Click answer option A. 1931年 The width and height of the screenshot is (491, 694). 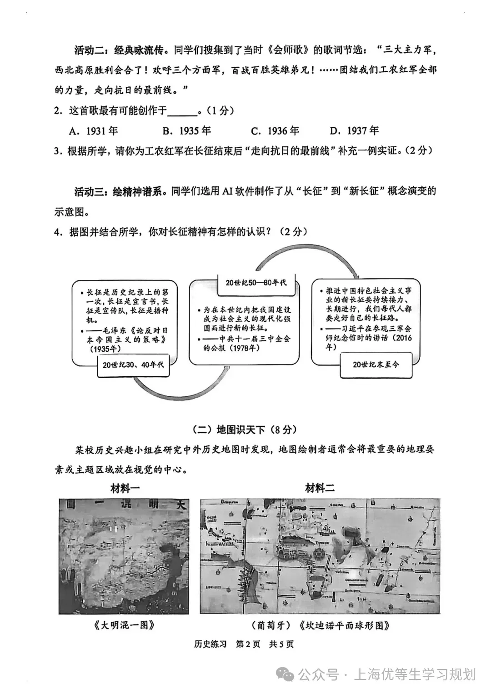pos(93,131)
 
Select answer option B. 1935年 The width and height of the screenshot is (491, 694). pos(186,131)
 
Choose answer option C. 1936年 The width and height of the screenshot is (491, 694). pos(275,131)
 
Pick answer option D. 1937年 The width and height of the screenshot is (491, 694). pos(354,131)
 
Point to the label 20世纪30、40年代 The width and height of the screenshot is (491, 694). pos(133,364)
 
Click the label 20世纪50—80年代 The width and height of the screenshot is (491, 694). pos(256,282)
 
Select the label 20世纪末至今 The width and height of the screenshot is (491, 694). pos(376,364)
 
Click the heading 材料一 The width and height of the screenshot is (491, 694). pos(125,489)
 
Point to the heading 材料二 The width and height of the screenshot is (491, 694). pos(320,489)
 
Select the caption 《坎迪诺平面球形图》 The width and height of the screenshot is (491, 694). pos(344,625)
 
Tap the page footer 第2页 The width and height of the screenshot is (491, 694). pos(248,644)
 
